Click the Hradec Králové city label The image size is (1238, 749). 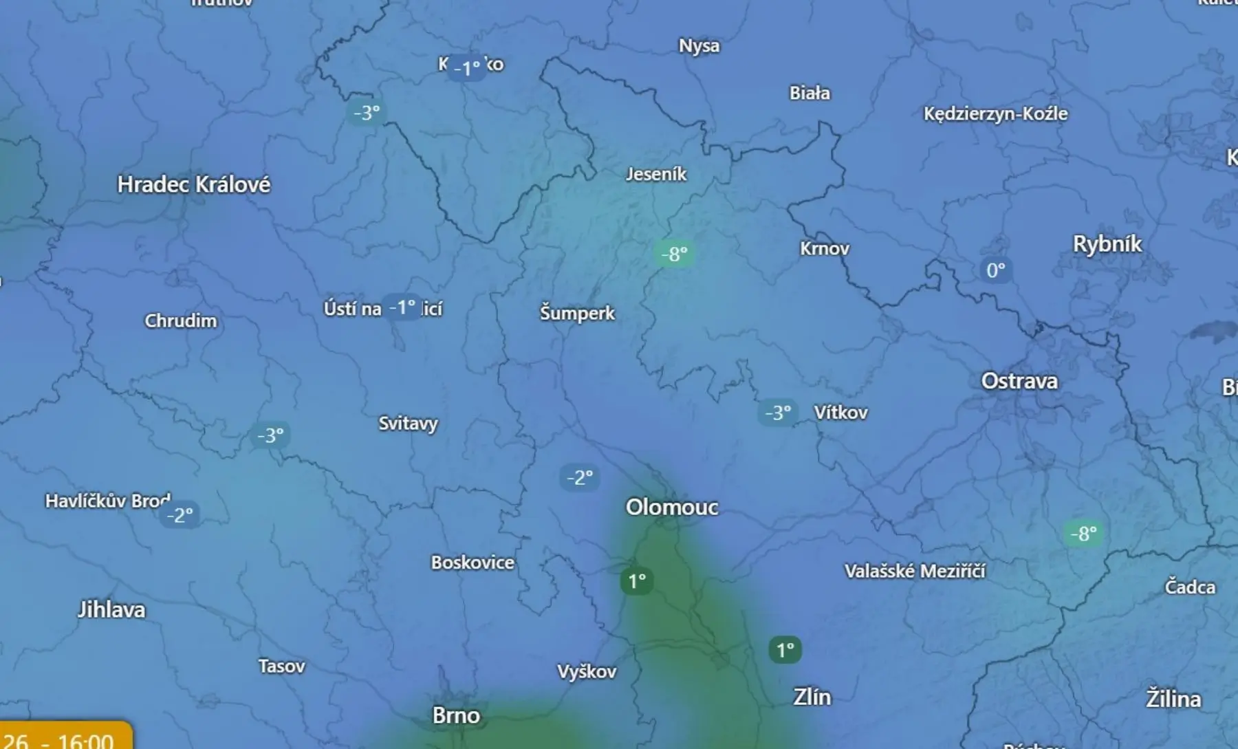(x=193, y=184)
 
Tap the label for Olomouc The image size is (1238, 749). (x=671, y=508)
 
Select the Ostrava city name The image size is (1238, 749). (x=1019, y=381)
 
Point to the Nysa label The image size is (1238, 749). (x=699, y=46)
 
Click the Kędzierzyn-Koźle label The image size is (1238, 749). (x=995, y=113)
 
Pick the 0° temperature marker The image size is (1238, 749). (x=995, y=270)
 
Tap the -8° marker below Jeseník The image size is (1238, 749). (x=674, y=254)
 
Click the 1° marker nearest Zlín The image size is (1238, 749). (x=785, y=649)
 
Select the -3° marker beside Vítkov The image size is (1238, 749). (x=778, y=413)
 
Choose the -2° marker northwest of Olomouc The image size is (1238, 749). (x=580, y=477)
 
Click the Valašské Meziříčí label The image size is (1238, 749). (x=914, y=571)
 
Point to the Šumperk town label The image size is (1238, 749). (x=577, y=314)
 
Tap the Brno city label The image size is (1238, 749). (x=455, y=715)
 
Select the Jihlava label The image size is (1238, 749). (x=111, y=609)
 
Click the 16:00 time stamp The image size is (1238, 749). (x=85, y=741)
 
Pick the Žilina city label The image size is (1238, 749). (x=1173, y=699)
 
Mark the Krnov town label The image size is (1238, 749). (x=824, y=248)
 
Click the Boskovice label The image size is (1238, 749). (x=472, y=563)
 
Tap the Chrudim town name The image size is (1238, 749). (x=180, y=321)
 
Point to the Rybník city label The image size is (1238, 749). (x=1107, y=244)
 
